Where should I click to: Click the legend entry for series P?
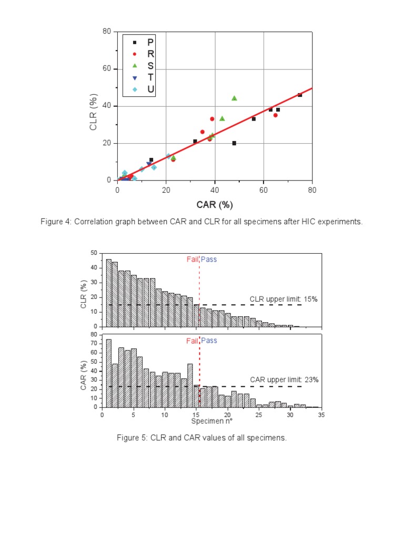tap(143, 42)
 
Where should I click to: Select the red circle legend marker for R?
tap(143, 54)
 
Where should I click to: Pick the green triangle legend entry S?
tap(143, 65)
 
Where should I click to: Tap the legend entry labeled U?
tap(143, 89)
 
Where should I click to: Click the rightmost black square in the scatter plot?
tap(300, 95)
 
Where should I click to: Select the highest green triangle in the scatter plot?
tap(234, 98)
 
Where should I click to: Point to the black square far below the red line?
tap(234, 143)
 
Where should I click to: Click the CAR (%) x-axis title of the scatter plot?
tap(215, 204)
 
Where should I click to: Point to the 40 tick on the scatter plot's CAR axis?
tap(215, 190)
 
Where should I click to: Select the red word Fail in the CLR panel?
tap(193, 259)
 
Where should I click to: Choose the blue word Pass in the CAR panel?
tap(209, 341)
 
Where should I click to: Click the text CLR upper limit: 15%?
tap(284, 299)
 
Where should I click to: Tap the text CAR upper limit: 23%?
tap(284, 380)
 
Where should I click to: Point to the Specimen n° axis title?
tap(211, 421)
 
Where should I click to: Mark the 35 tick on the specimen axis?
tap(321, 415)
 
